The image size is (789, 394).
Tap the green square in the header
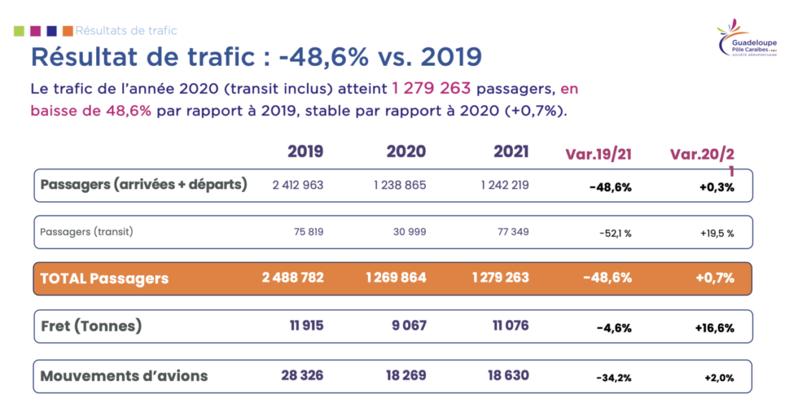pos(19,31)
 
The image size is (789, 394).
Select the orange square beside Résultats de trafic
pos(67,31)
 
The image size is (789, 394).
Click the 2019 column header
pos(306,152)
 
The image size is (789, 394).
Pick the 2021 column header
pos(511,152)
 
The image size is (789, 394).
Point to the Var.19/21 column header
pos(598,154)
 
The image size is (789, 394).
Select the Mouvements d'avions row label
pos(124,375)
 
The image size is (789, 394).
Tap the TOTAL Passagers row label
pos(105,279)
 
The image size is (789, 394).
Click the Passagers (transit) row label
pos(87,232)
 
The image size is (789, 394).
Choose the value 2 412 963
pos(298,185)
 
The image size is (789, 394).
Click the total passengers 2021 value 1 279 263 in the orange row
pos(501,278)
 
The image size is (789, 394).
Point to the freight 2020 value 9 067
pos(409,326)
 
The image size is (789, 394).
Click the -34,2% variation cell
pos(614,377)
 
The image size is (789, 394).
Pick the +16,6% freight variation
pos(714,327)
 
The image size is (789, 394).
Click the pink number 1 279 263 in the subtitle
pos(431,90)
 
